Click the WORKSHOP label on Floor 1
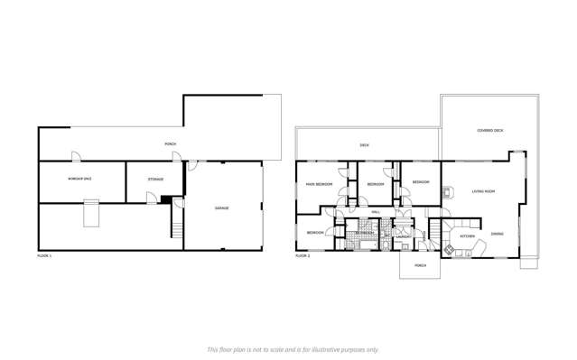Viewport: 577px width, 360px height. [x=79, y=179]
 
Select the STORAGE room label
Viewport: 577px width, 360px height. [x=155, y=179]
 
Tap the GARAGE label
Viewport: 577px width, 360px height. [x=221, y=208]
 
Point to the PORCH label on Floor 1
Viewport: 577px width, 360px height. [x=170, y=144]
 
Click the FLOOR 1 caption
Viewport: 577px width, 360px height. [x=44, y=256]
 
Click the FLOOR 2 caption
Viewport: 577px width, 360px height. [x=302, y=256]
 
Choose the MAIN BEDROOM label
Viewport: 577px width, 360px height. [x=318, y=184]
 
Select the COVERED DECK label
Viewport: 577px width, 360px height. [x=490, y=131]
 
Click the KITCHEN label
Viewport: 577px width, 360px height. [x=467, y=236]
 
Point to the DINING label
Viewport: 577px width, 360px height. [x=498, y=234]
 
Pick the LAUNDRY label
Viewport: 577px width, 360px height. [x=404, y=237]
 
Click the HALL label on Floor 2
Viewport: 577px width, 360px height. [x=376, y=212]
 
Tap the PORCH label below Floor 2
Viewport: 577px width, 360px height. [x=420, y=265]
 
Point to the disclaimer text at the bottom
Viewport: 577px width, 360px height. [x=293, y=348]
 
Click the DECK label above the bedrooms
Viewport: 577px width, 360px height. [x=364, y=144]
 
